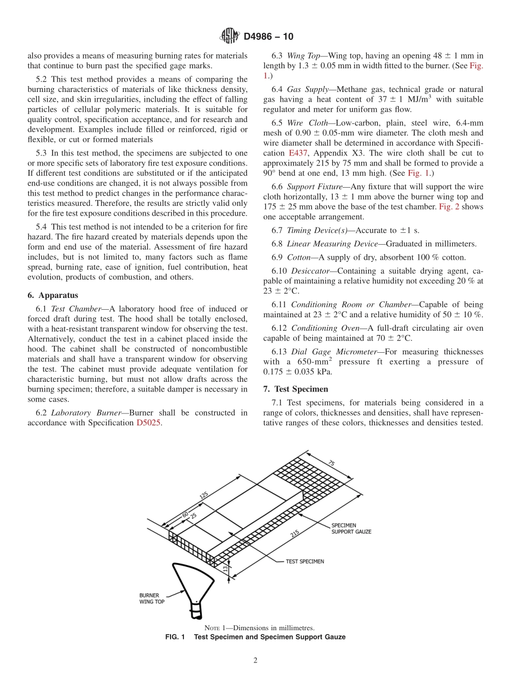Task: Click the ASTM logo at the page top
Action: point(230,37)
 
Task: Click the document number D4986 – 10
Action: point(268,37)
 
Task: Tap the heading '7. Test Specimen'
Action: point(297,389)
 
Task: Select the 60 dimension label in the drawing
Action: point(185,515)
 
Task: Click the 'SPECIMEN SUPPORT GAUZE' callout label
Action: point(351,528)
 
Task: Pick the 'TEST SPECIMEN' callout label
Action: point(304,561)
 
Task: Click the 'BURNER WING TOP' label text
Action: point(152,598)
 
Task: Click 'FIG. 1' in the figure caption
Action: point(175,637)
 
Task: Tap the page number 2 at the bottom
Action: point(256,661)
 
